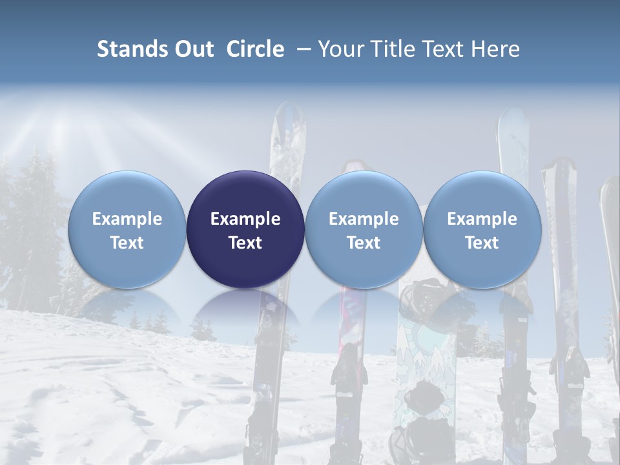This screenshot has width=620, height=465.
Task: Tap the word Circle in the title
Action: click(255, 49)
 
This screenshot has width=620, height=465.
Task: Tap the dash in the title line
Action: click(304, 50)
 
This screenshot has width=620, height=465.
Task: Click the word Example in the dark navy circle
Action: click(245, 219)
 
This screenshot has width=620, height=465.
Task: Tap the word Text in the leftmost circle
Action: click(127, 243)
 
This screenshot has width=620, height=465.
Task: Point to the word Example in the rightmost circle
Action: click(482, 219)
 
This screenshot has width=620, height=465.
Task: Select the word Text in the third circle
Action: click(364, 243)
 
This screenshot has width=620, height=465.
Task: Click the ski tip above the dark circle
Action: click(287, 129)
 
